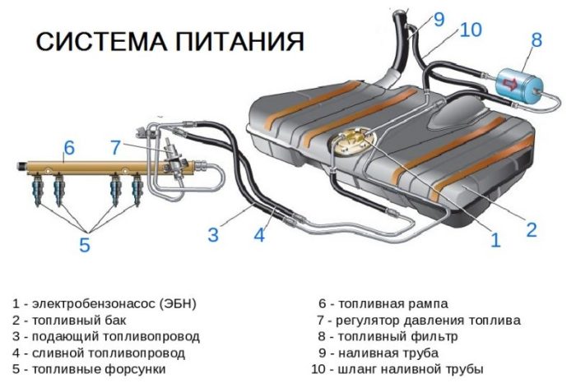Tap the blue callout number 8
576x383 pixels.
pos(536,39)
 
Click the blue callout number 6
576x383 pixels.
pos(69,148)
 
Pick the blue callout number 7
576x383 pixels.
pos(116,148)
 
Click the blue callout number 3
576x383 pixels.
pos(213,236)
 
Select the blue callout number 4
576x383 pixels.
pos(259,236)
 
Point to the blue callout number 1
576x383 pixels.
pos(495,240)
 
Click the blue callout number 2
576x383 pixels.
pos(532,230)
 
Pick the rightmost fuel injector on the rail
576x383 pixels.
pos(134,191)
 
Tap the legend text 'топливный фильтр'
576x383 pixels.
pos(394,336)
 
